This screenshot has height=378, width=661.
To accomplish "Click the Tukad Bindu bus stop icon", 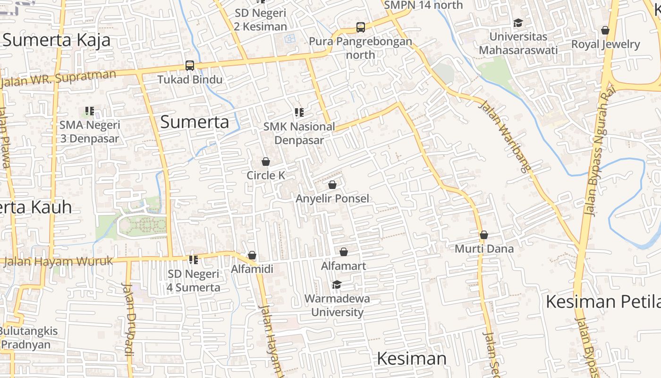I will (190, 66).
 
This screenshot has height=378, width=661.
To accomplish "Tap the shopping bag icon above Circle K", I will (266, 162).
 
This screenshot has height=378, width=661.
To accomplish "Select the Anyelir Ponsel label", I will (332, 198).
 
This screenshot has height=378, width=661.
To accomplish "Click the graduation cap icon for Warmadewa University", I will (337, 284).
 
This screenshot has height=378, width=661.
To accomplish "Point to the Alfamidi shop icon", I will (252, 255).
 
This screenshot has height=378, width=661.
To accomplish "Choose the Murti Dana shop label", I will (484, 249).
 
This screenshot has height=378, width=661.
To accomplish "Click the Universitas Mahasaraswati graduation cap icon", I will (518, 23).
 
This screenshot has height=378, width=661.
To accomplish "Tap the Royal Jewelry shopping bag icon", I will (605, 31).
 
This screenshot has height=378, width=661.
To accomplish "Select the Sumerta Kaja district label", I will (57, 40).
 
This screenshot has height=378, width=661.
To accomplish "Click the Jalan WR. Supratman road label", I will (59, 78).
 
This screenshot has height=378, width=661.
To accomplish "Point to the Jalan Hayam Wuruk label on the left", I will (59, 261).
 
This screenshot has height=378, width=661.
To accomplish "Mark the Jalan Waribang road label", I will (504, 136).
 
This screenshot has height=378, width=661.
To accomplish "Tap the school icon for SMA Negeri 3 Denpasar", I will (90, 112).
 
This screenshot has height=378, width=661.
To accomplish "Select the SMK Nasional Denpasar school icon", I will (299, 112).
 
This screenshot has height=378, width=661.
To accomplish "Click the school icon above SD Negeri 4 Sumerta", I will (193, 260).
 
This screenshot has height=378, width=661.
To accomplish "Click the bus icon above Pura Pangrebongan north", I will (361, 27).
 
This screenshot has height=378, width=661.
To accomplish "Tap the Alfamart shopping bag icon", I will (344, 252).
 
